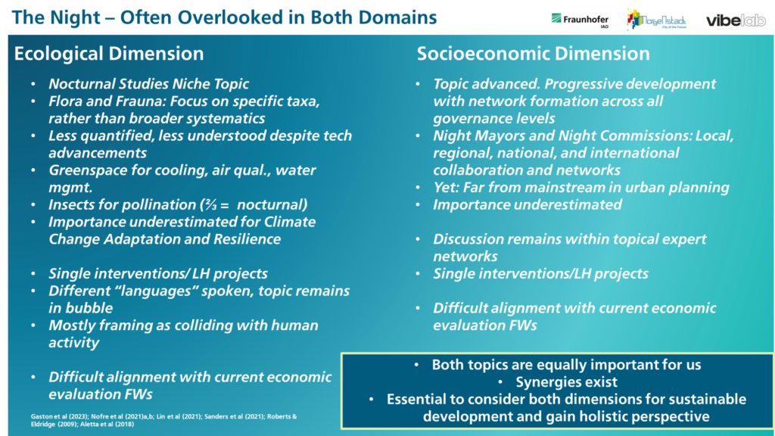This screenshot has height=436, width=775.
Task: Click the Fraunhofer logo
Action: tap(580, 20)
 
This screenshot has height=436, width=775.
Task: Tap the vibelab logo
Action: tap(736, 20)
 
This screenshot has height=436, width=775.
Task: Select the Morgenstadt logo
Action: tap(656, 19)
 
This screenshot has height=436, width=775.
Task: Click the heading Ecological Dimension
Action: tap(109, 54)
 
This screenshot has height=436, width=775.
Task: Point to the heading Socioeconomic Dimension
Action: tap(534, 54)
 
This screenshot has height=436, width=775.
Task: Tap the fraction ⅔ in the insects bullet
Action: tap(212, 204)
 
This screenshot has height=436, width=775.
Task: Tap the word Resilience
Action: tap(247, 239)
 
